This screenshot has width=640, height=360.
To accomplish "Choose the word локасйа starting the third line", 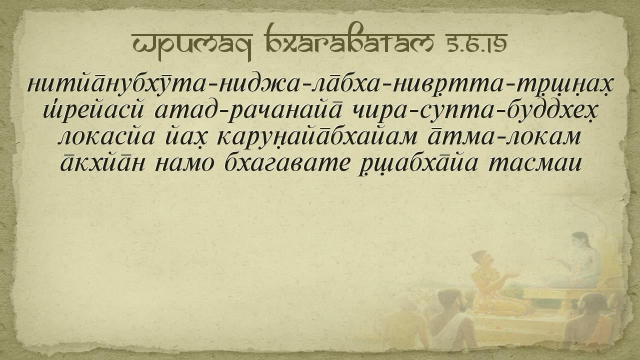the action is click(x=106, y=137).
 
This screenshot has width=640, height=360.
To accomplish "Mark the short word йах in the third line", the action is click(x=187, y=137).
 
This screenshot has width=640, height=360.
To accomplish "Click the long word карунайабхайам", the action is click(x=317, y=137).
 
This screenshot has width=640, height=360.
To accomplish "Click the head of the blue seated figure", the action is click(x=580, y=240).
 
